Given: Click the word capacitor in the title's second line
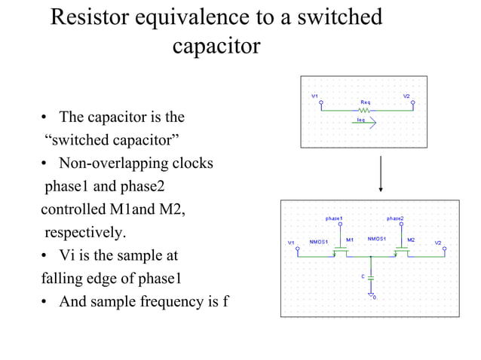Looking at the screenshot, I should click(x=216, y=47).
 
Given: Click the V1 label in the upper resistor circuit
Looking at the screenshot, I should click(x=314, y=96).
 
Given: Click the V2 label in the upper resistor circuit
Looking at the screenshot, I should click(x=406, y=96).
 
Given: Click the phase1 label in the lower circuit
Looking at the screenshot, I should click(x=335, y=218).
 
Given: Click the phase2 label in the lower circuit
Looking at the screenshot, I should click(x=395, y=218).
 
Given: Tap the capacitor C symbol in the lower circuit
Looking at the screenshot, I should click(x=370, y=277).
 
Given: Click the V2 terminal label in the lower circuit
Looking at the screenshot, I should click(x=438, y=243).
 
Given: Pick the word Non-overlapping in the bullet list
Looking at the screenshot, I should click(x=109, y=163).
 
